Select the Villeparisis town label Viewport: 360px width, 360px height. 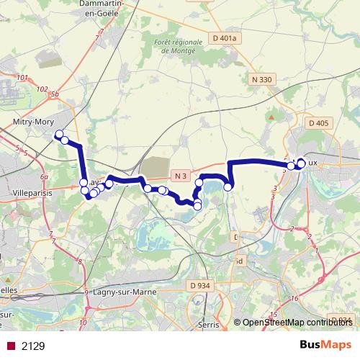tap(31, 194)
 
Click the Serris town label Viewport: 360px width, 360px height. tap(209, 325)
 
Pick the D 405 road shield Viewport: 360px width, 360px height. tap(318, 123)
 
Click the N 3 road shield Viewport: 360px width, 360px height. tap(181, 176)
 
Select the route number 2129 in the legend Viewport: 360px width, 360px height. tap(33, 346)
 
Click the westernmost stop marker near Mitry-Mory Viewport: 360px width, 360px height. tap(59, 135)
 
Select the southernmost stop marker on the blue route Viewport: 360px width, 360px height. tap(197, 207)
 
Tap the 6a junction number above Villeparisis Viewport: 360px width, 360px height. tap(44, 176)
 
